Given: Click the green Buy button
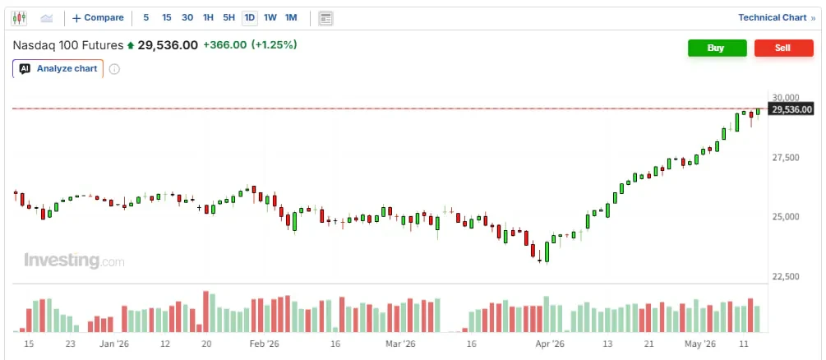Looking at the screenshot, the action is [x=717, y=48].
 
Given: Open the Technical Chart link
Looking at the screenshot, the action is [x=777, y=17].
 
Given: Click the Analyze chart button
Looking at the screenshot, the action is [x=58, y=68].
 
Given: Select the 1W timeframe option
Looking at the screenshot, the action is [x=270, y=17].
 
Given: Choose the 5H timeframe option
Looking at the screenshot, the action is [x=228, y=17].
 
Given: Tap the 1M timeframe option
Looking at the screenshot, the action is [x=291, y=17].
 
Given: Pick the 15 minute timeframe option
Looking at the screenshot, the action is [x=167, y=17].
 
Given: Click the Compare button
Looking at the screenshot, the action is [x=98, y=17].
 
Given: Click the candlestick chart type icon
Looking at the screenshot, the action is [x=19, y=18].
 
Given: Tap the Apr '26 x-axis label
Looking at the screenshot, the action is [x=551, y=344].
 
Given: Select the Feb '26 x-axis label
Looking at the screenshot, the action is [x=264, y=344].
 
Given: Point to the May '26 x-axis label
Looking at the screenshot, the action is [x=700, y=344].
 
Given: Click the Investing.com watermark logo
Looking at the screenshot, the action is [x=74, y=261].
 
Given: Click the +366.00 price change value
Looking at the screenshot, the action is [x=224, y=45].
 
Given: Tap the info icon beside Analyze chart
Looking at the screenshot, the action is [x=114, y=69].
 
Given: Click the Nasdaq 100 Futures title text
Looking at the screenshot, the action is [x=68, y=45].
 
